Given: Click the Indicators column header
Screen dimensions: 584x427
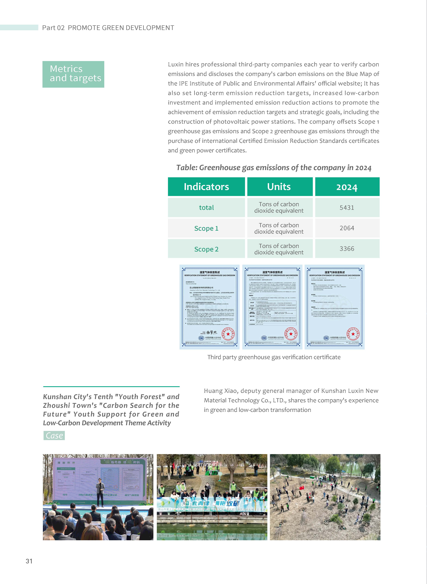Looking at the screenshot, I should point(206,187).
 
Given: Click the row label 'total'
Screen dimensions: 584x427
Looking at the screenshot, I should point(206,208).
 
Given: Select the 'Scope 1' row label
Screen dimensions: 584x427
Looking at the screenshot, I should point(206,228).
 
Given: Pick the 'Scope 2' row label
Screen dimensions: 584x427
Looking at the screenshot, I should point(206,249).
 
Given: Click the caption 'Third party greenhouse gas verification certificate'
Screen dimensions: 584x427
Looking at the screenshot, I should point(274,357).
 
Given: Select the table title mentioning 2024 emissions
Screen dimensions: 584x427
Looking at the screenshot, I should point(274,168).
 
